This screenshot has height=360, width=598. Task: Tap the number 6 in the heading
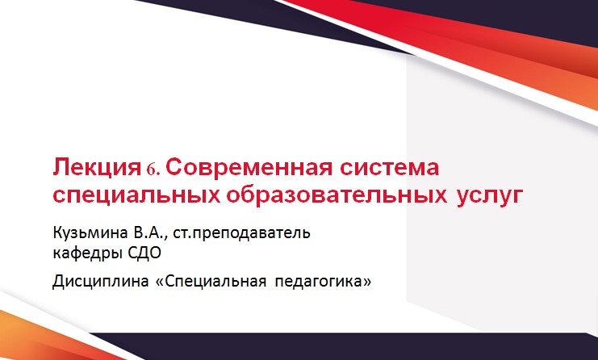tap(155, 170)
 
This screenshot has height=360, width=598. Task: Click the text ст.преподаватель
tap(248, 234)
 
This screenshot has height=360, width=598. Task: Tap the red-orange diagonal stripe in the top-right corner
tap(484, 32)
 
